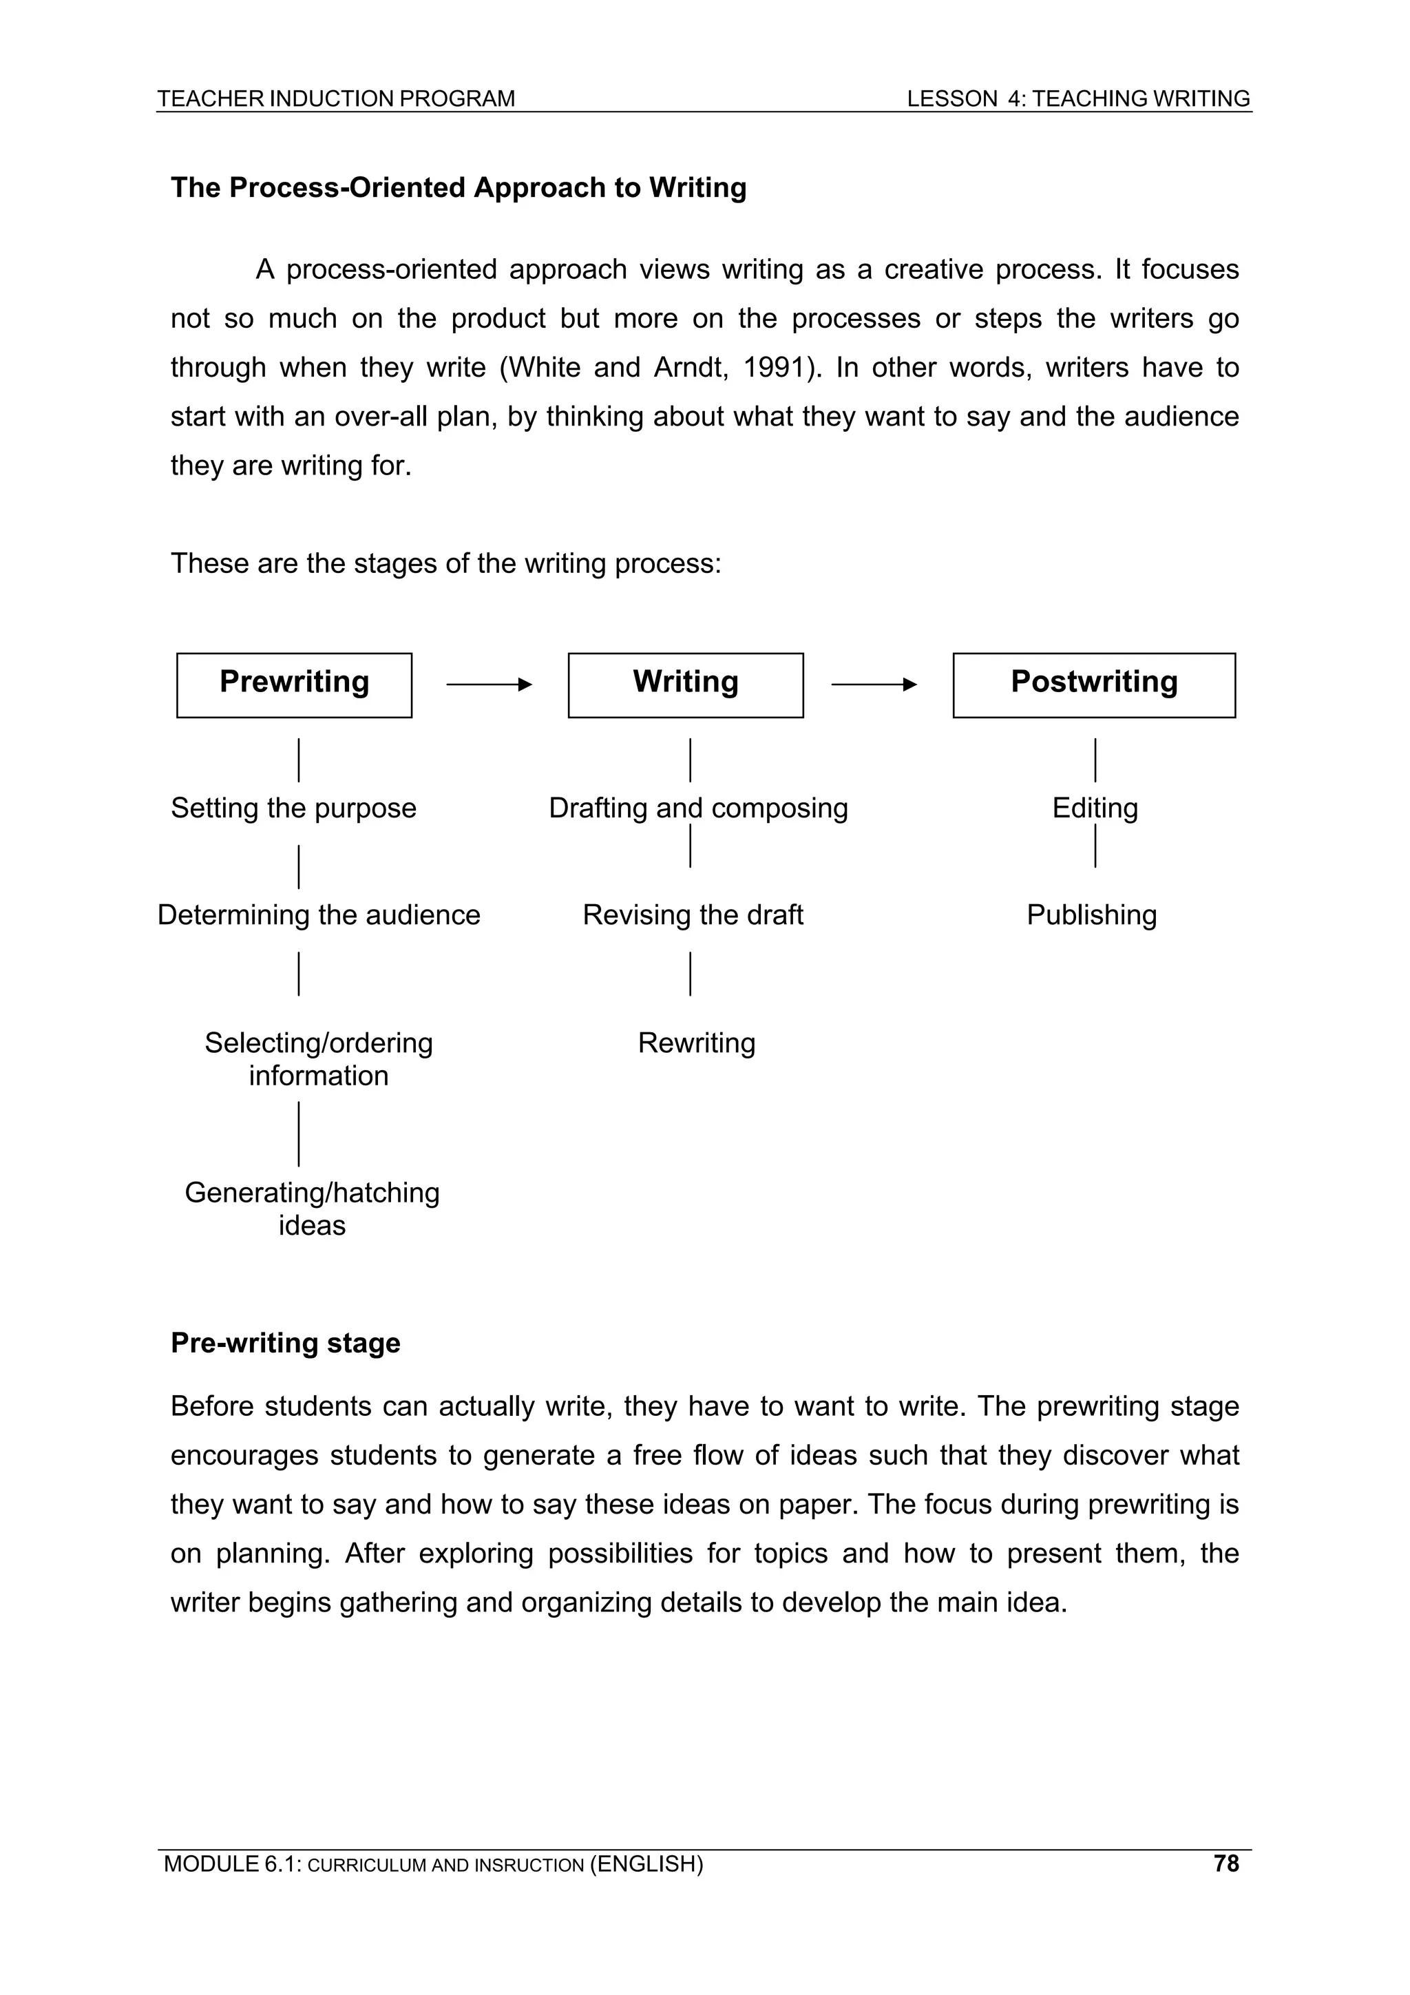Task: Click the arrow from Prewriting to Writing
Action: coord(489,685)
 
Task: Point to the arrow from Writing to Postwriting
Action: coord(874,685)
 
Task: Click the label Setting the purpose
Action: coord(294,808)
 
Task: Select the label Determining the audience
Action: coord(318,915)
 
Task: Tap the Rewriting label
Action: coord(696,1043)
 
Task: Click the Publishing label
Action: coord(1091,915)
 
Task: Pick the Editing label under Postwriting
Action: coord(1095,808)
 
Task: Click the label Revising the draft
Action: coord(693,915)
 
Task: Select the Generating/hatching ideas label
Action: coord(312,1209)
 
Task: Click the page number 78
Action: coord(1225,1863)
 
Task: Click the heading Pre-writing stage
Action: coord(285,1342)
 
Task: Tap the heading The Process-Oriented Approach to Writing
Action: coord(458,188)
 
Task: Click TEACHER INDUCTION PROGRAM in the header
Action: coord(336,99)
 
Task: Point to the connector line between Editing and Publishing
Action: coord(1095,846)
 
